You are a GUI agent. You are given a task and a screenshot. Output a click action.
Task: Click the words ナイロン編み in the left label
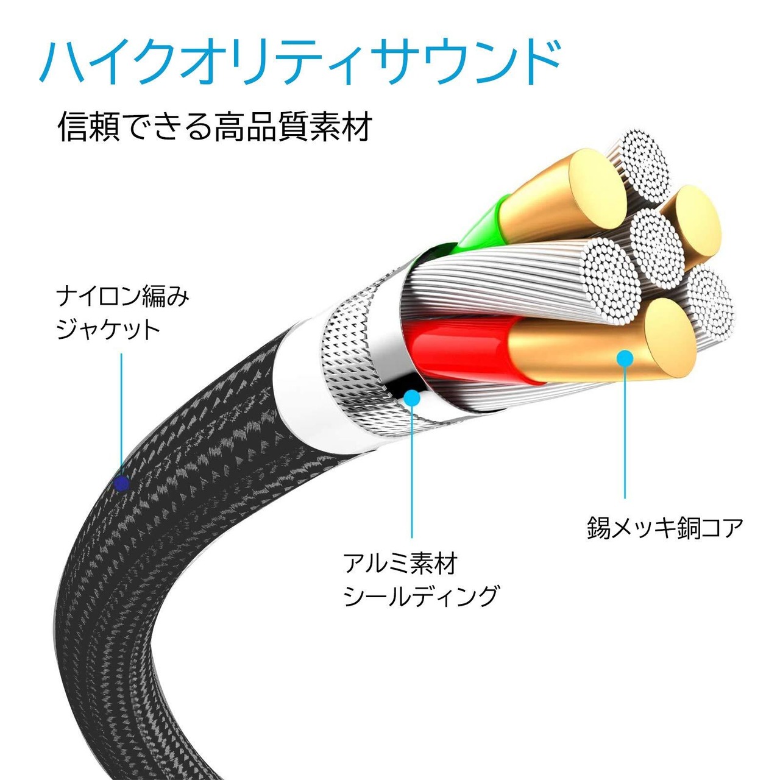point(122,298)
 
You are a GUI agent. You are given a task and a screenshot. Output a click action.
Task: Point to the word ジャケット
point(108,330)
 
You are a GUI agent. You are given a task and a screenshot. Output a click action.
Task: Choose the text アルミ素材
point(400,564)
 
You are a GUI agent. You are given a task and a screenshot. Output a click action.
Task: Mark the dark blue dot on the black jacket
point(122,484)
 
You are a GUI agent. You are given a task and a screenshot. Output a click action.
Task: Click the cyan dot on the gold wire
point(625,358)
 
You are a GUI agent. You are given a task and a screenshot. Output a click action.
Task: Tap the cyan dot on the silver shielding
point(413,398)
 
